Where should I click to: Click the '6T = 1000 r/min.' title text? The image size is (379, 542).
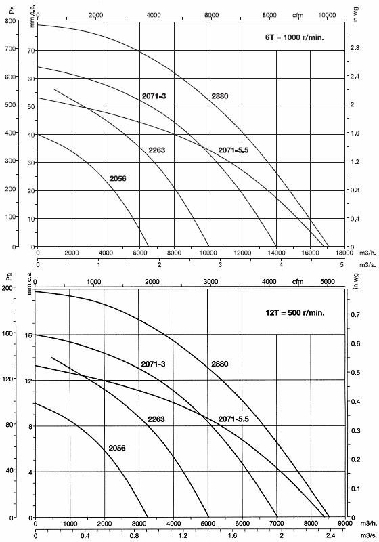(x=296, y=38)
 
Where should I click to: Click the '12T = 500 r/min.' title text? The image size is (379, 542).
(x=296, y=314)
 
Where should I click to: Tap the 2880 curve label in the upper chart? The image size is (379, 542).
(x=220, y=96)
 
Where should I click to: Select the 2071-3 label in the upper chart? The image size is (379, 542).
(x=154, y=96)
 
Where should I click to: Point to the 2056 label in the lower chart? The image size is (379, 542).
(x=117, y=448)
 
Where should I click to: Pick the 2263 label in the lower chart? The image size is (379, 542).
(x=156, y=419)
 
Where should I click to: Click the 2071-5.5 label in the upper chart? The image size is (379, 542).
(x=233, y=150)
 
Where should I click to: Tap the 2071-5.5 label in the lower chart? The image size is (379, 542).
(x=233, y=419)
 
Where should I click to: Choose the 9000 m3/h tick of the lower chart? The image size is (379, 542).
(x=344, y=524)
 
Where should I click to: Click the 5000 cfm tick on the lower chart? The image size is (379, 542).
(x=328, y=281)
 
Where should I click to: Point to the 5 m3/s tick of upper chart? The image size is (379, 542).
(x=342, y=265)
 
